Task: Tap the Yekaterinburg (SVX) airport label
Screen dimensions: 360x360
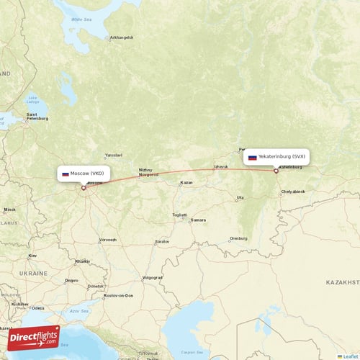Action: click(x=276, y=156)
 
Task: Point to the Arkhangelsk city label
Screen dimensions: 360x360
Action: click(x=121, y=37)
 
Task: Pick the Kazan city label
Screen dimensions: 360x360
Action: click(x=186, y=182)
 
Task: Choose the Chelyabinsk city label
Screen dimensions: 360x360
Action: click(x=293, y=192)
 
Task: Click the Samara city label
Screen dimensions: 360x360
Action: click(x=198, y=220)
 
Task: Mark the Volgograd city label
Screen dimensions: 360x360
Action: click(x=153, y=277)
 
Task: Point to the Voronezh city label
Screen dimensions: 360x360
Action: click(x=107, y=239)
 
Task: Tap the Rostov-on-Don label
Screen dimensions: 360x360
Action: click(x=118, y=295)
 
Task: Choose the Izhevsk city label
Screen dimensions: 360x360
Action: click(x=221, y=167)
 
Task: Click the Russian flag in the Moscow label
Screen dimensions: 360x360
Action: click(x=65, y=174)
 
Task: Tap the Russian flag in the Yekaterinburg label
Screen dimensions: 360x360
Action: click(x=252, y=156)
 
